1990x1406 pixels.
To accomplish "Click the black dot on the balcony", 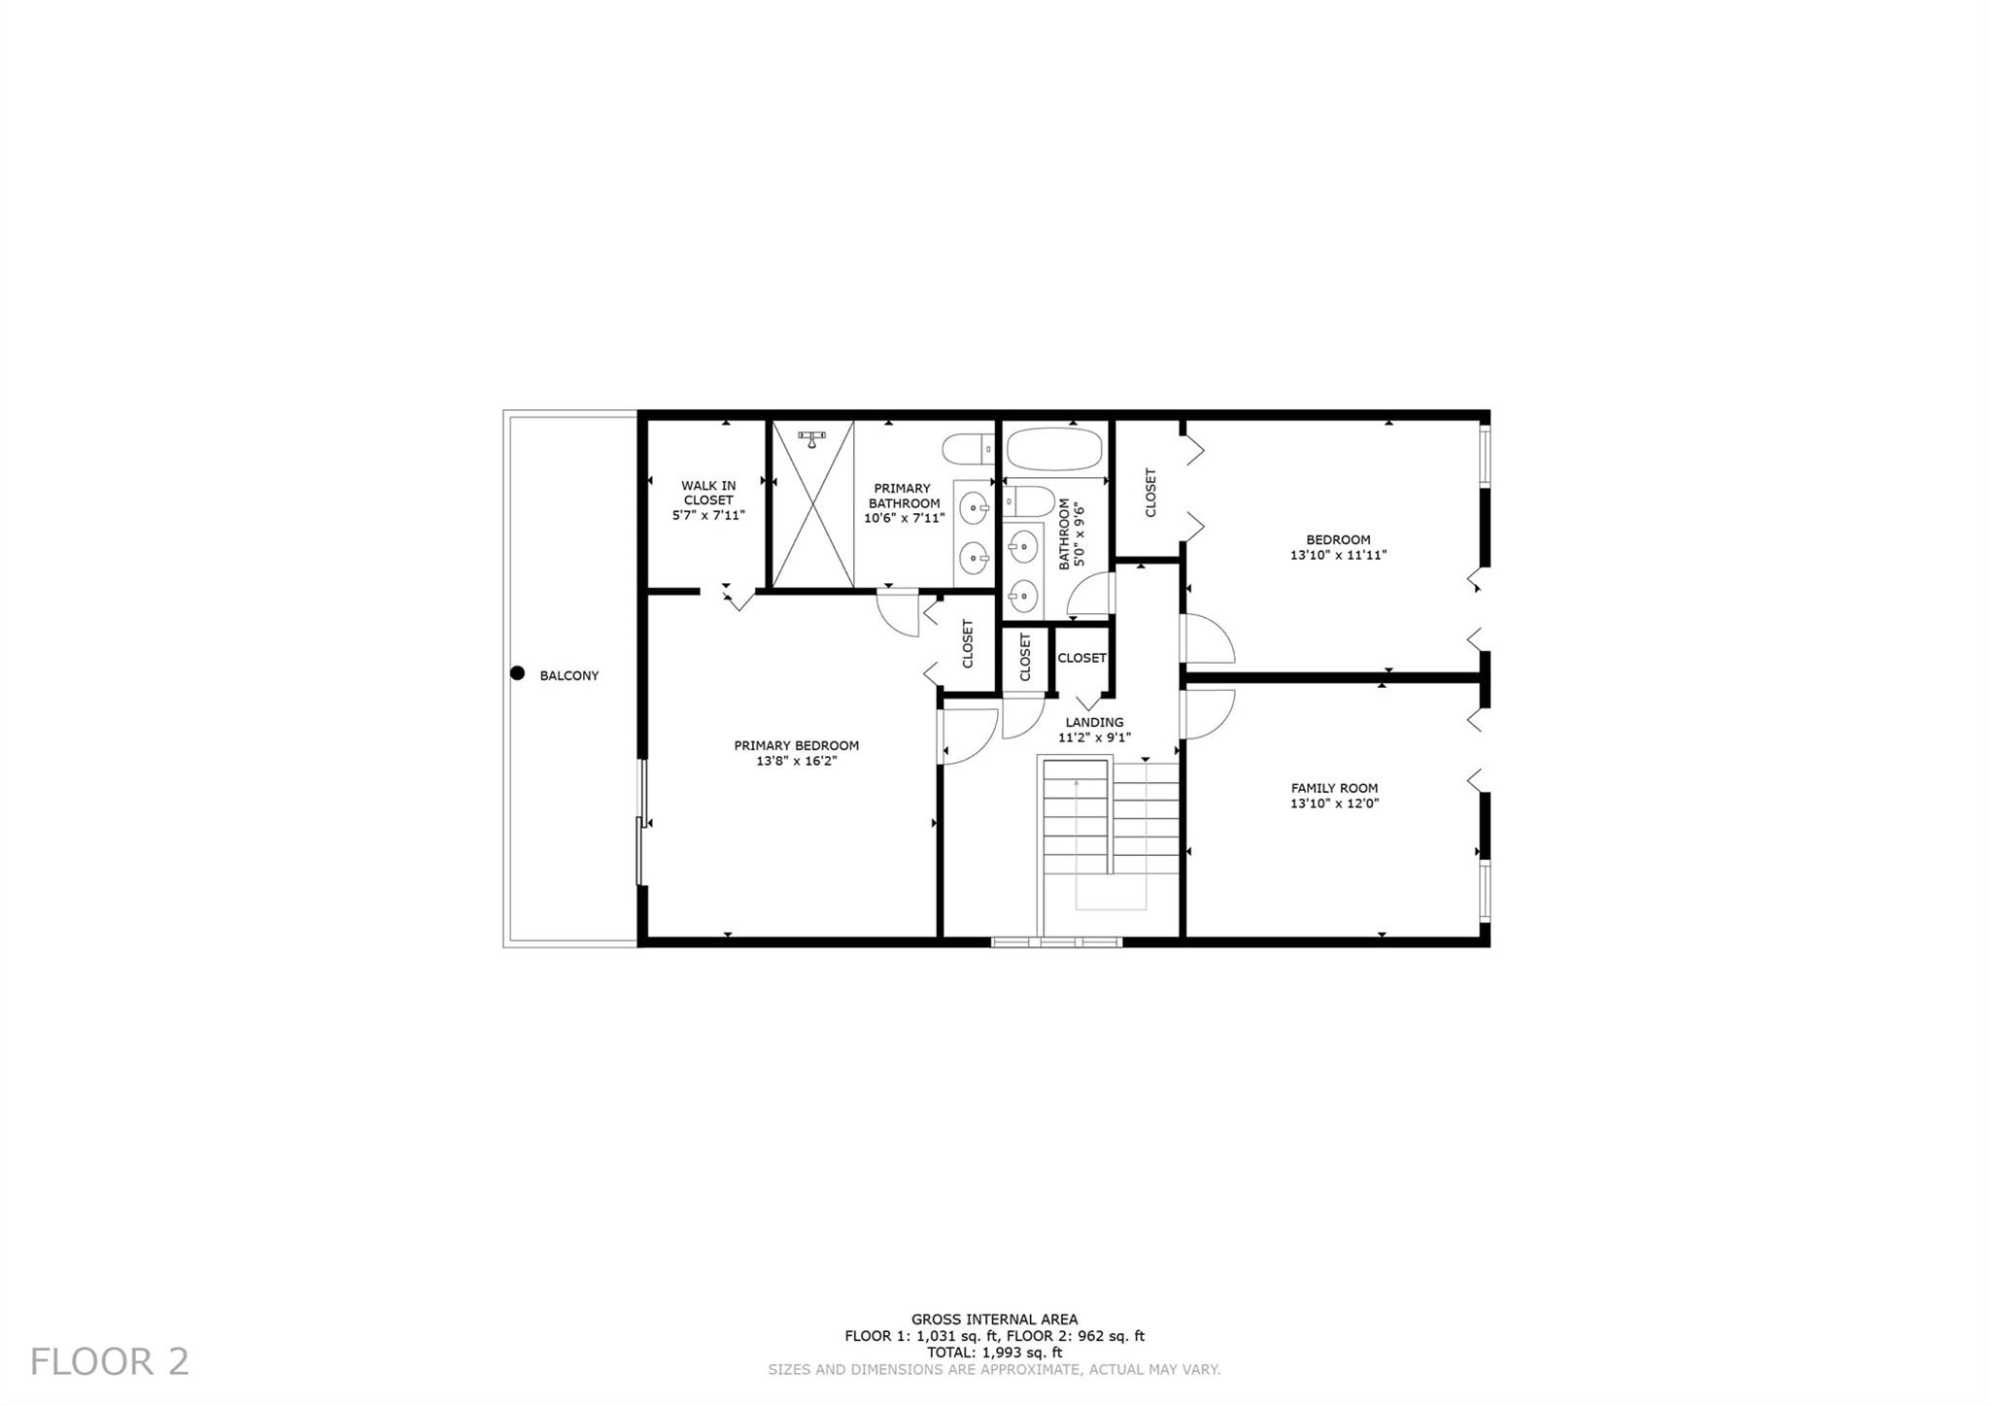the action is (x=518, y=673).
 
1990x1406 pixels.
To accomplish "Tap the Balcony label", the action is (x=569, y=675).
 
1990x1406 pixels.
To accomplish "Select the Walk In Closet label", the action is (x=708, y=493).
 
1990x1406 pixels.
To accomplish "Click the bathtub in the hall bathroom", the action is (x=1054, y=450).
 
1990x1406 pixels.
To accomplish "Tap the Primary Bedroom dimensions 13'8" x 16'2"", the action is (x=797, y=761).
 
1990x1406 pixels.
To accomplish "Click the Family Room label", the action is (x=1334, y=788).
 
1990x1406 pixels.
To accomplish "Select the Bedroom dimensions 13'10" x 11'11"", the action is (x=1338, y=556).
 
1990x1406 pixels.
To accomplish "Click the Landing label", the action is (x=1094, y=722).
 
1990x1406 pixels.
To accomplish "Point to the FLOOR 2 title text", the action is (x=110, y=1361).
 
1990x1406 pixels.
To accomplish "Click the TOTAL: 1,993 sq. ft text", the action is (x=994, y=1353).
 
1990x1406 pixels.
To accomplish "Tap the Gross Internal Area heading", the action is (x=994, y=1320).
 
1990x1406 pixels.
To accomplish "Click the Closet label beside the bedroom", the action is (x=1150, y=493).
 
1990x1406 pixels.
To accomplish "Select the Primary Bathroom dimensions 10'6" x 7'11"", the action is (x=905, y=519).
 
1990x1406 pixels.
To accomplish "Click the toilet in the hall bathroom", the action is (x=1029, y=502).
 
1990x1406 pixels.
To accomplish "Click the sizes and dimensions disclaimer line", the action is (x=994, y=1370).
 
